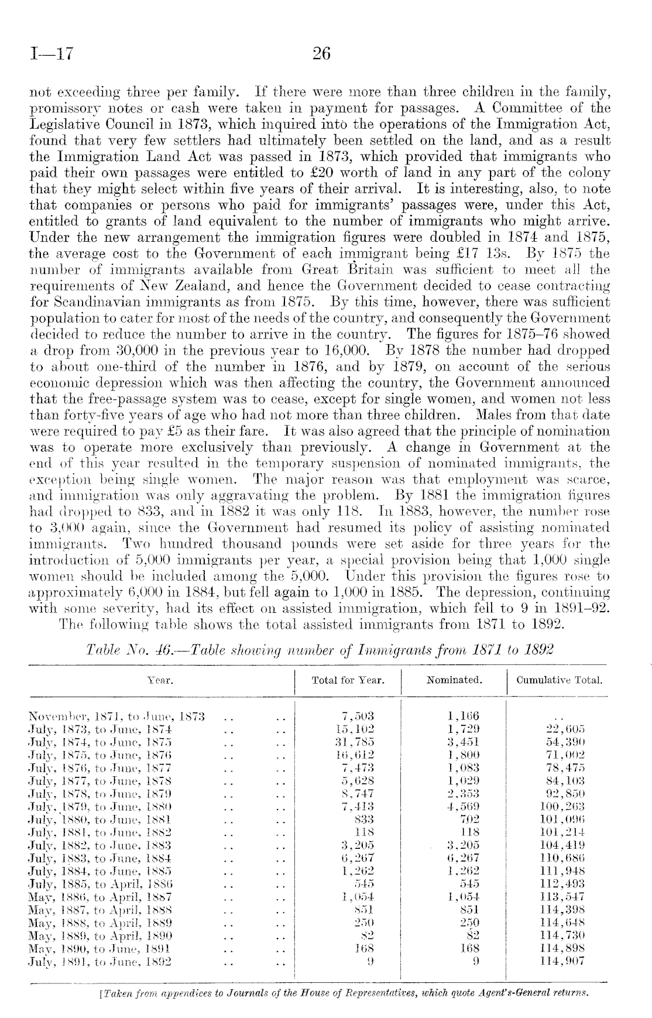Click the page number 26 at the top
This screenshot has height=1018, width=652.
point(321,54)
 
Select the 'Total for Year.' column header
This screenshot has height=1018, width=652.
point(348,680)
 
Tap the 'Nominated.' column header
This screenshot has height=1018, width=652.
point(454,680)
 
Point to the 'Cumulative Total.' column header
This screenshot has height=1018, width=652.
point(560,680)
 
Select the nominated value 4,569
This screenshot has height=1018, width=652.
point(462,806)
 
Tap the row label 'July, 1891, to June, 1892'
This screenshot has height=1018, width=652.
point(100,960)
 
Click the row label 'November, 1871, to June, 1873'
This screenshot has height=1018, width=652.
point(116,716)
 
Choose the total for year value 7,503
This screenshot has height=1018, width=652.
point(357,716)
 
